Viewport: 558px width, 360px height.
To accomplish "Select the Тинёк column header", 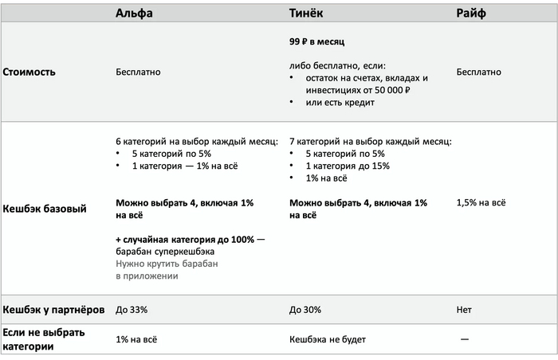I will (x=306, y=14).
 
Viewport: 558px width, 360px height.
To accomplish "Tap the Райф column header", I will (x=472, y=14).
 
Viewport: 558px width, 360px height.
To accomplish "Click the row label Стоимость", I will (x=29, y=72).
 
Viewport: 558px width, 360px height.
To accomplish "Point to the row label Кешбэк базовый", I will (x=44, y=209).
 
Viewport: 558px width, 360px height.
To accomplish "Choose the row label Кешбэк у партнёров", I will (x=53, y=308).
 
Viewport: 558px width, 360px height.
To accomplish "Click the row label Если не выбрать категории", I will (x=44, y=339).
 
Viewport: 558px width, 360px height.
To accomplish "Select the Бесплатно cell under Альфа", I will (x=138, y=72).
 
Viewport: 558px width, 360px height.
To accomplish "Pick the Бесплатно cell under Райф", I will (x=478, y=72).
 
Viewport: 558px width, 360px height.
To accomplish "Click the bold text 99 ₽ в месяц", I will (x=316, y=41).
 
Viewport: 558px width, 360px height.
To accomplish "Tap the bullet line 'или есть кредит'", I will (x=340, y=102).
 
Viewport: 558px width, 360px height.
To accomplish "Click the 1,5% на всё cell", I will (x=481, y=203).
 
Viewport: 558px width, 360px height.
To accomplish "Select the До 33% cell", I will (x=132, y=309).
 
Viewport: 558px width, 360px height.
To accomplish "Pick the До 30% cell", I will (x=306, y=309).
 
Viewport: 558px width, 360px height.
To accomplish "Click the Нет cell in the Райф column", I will (x=465, y=309).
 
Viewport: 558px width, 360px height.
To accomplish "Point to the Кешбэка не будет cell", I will (x=328, y=339).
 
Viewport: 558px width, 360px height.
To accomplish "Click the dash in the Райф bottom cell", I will (x=465, y=339).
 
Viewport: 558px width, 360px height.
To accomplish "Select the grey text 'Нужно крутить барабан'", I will (x=167, y=264).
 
